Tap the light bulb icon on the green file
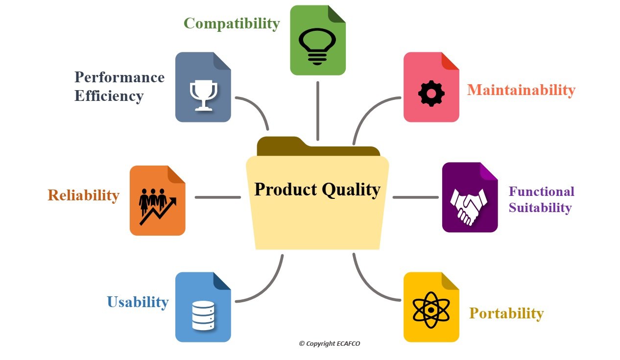coord(317,46)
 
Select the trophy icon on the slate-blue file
coord(203,96)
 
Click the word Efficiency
coord(109,96)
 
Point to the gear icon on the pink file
coord(431,94)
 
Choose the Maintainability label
coord(522,90)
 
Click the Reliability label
coord(83,195)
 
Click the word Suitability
coord(540,208)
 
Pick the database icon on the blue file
coord(203,315)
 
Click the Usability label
coord(138,302)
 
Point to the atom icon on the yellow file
coord(431,310)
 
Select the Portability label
coord(506,314)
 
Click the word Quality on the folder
coord(351,190)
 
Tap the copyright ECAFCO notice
coord(330,344)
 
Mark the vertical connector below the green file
coord(318,111)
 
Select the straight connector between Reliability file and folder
coord(218,197)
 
